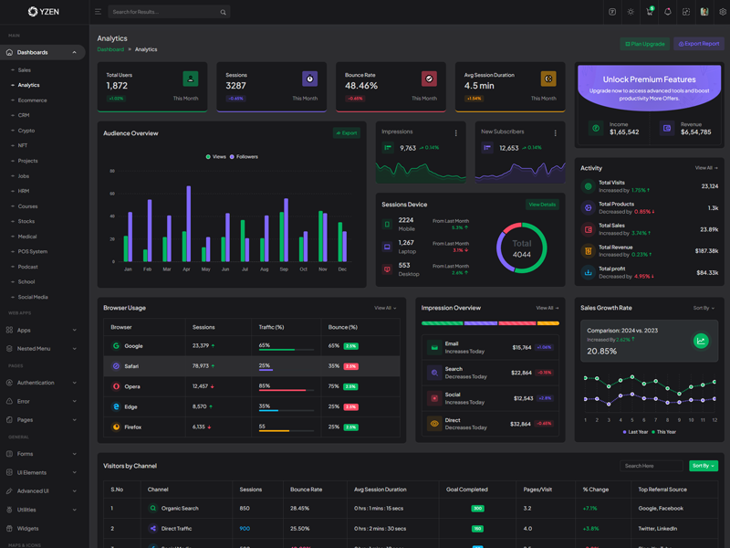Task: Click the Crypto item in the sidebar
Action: point(26,131)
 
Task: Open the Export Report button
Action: point(699,44)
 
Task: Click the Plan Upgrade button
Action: point(645,44)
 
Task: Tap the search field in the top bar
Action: point(164,12)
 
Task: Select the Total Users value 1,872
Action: point(117,86)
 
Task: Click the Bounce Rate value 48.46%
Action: point(361,86)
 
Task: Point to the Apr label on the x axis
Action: point(186,269)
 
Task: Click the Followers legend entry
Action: point(245,157)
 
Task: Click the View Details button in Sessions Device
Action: point(542,205)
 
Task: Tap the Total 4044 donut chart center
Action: point(521,248)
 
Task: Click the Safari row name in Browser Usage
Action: point(131,366)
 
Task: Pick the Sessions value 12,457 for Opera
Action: point(201,386)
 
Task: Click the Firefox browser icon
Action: point(116,427)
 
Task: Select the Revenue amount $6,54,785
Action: point(695,132)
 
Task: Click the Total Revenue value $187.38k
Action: point(706,250)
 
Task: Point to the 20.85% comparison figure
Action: point(601,351)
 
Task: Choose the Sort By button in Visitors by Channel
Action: point(703,466)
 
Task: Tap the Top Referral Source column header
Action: point(663,490)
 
